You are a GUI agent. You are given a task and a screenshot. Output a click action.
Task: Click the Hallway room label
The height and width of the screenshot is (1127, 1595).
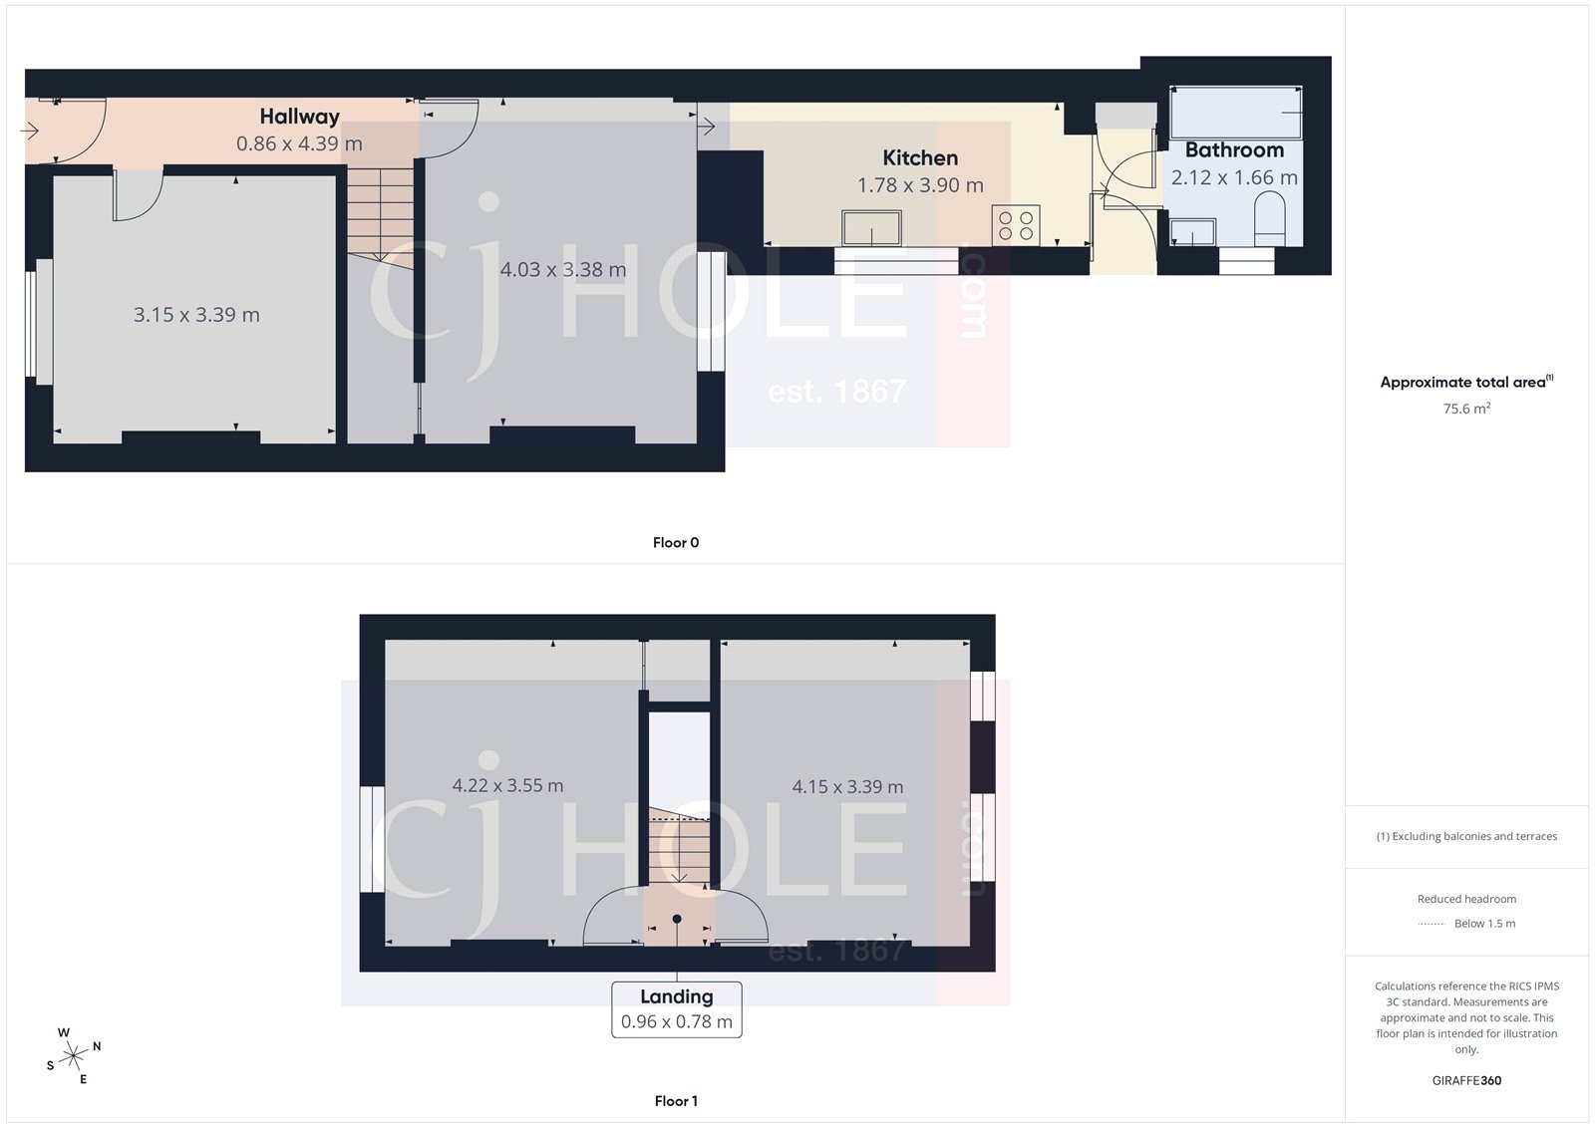pos(299,117)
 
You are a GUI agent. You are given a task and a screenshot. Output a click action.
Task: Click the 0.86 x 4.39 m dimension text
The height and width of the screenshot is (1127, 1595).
pos(299,143)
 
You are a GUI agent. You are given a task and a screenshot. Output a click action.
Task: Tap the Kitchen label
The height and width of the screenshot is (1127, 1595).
pos(920,157)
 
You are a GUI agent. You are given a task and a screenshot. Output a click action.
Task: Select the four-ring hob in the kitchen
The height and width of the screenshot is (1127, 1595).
pos(1016,226)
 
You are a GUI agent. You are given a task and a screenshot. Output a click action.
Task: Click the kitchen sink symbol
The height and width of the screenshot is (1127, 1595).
pos(871,227)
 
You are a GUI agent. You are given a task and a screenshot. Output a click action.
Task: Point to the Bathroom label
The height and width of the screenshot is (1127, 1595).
pos(1234,150)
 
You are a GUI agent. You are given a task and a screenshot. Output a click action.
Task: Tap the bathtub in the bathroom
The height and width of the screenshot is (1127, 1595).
pos(1236,113)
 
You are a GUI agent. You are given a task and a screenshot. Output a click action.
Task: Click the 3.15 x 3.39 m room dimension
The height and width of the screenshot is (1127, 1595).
pos(196,315)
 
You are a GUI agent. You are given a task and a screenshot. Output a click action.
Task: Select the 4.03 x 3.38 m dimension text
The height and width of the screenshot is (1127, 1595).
pos(563,270)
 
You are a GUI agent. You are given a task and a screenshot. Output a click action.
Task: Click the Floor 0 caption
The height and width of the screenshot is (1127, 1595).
pos(676,543)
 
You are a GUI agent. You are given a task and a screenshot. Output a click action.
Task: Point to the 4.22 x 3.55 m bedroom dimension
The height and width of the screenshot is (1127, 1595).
pos(507,785)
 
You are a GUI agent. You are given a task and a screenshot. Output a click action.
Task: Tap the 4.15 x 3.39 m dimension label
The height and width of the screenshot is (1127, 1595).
pos(847,787)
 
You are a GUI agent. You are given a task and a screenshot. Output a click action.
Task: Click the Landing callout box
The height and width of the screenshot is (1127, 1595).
pos(676,1009)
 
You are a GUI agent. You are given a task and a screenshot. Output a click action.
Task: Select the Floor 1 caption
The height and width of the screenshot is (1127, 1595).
pos(676,1101)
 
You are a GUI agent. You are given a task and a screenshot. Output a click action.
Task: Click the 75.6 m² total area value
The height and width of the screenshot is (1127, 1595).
pos(1466,409)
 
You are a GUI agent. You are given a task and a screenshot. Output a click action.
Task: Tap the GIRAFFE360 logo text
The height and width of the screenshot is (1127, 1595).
pos(1466,1080)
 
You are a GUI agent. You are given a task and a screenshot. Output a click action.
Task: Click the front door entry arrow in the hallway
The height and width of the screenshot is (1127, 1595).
pos(30,131)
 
